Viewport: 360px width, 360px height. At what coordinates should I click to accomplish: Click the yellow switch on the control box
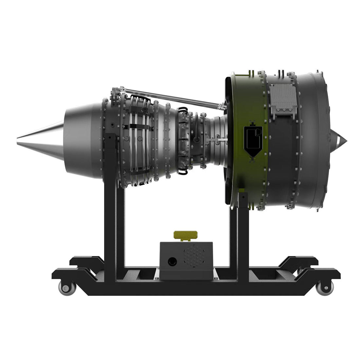[x=185, y=235]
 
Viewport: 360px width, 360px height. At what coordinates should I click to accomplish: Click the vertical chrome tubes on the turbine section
[x=139, y=137]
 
